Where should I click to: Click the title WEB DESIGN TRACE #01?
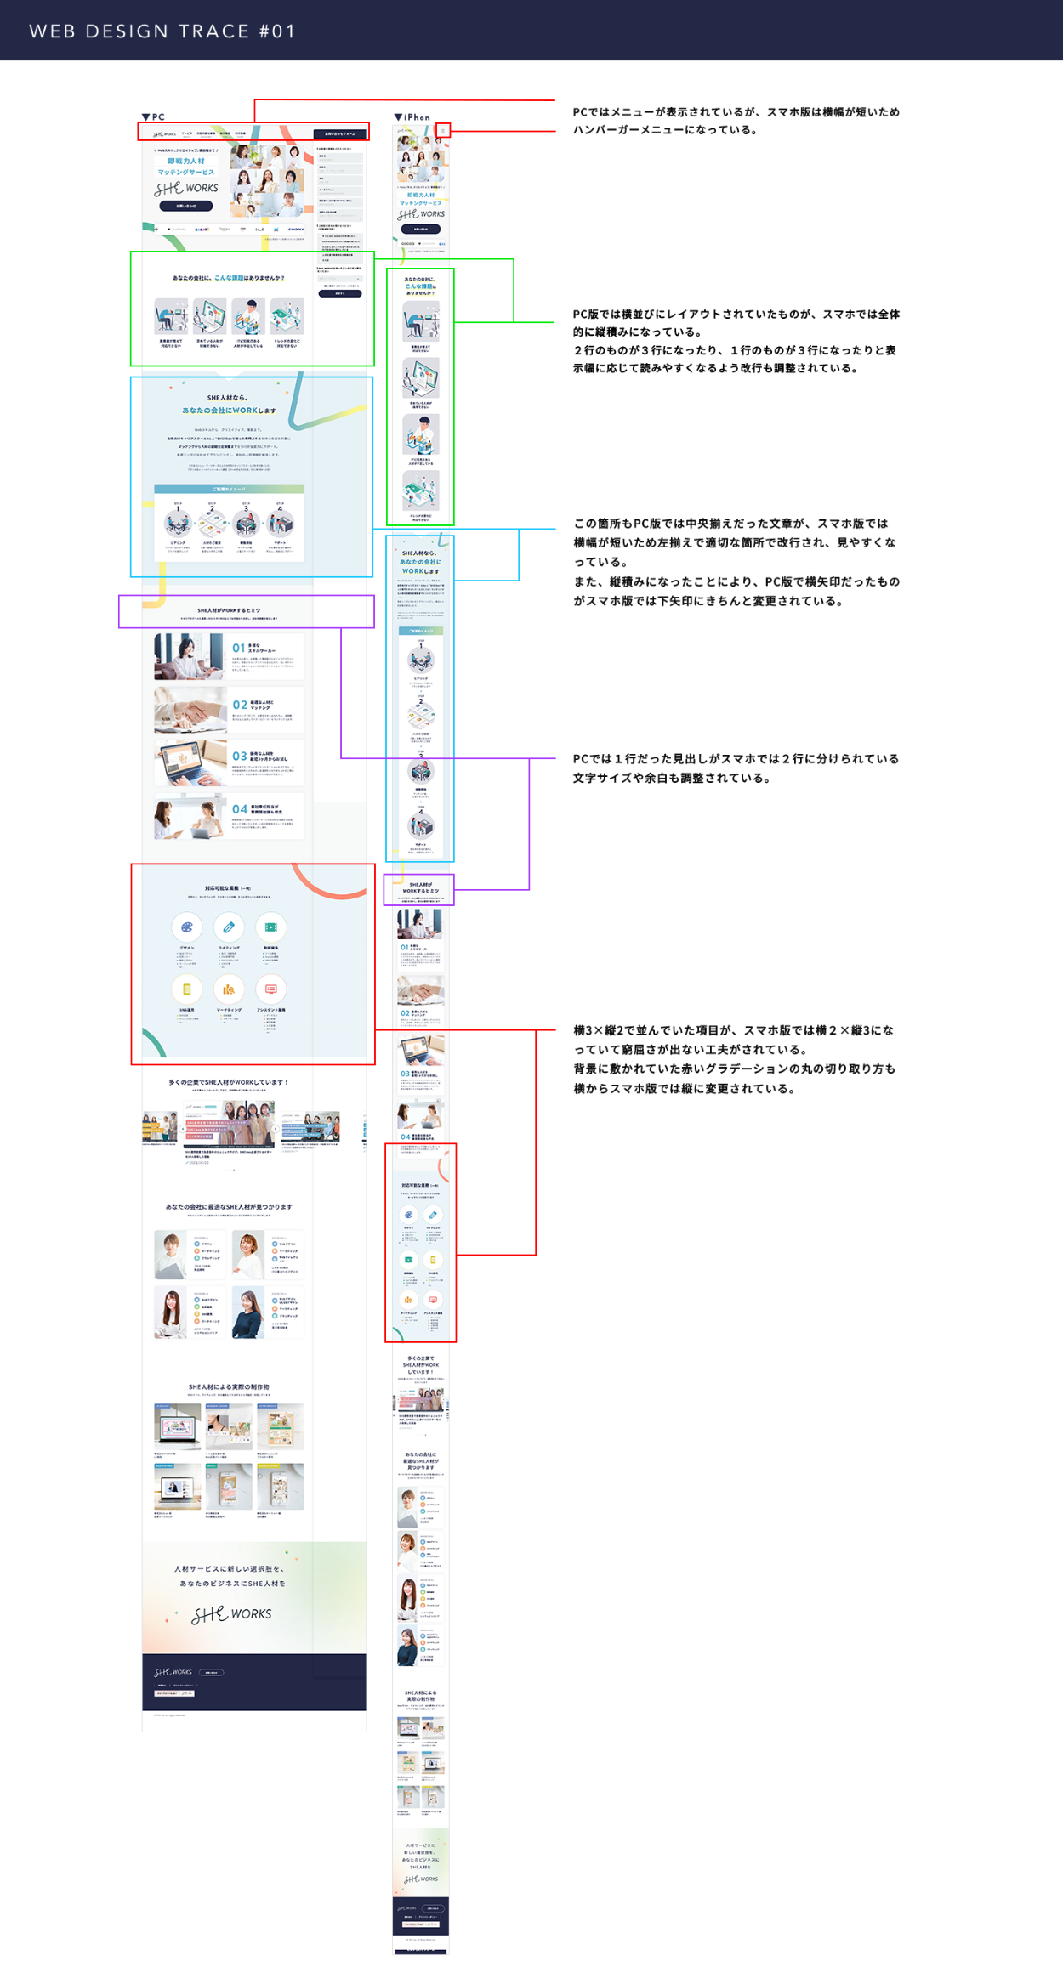coord(162,31)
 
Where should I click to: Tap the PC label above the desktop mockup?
coord(154,116)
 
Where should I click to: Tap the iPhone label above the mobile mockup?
coord(412,116)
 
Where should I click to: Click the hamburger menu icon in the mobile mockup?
coord(443,130)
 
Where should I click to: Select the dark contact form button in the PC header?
coord(339,133)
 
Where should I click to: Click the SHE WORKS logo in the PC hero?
coord(186,188)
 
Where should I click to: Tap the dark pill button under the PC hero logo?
coord(185,206)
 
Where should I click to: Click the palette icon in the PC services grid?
coord(186,927)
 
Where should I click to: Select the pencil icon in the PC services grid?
coord(228,927)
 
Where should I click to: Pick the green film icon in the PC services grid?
coord(270,927)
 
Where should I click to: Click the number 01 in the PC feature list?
coord(239,648)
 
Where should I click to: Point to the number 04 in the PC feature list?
coord(240,809)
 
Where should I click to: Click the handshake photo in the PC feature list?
coord(190,710)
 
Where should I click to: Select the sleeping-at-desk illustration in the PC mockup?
coord(171,318)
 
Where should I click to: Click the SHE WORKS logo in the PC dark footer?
coord(173,1672)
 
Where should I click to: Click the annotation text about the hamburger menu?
coord(736,121)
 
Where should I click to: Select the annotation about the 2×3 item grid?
coord(734,1058)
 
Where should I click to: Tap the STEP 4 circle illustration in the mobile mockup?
coord(420,825)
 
